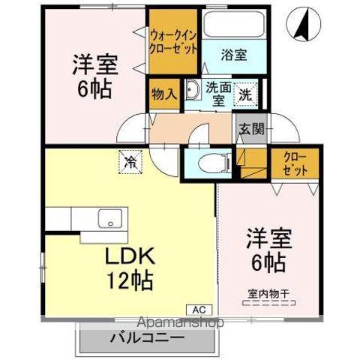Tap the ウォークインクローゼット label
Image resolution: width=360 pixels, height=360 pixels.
tap(174, 40)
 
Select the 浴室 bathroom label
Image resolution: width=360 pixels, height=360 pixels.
tap(234, 54)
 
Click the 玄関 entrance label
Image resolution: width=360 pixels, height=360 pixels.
tap(251, 128)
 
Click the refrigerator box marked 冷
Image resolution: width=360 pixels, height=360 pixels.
tap(131, 160)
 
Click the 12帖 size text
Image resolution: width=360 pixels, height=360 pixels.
tap(130, 280)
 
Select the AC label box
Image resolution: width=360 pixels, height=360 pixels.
tap(201, 308)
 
